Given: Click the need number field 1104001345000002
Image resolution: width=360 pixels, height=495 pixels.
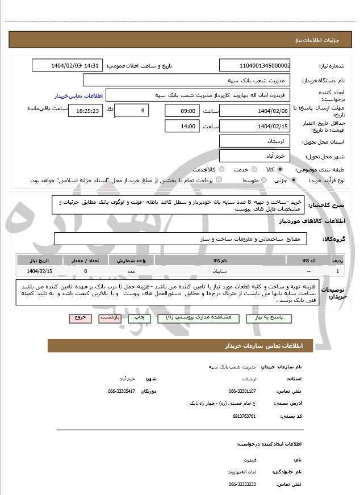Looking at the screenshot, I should [254, 65].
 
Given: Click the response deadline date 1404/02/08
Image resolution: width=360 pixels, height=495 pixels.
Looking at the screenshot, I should [254, 110].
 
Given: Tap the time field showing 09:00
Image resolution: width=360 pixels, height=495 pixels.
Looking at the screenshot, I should [182, 111].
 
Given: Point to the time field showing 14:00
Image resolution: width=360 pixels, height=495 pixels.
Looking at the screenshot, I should [182, 126].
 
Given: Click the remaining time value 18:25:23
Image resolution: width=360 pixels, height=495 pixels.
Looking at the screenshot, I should [85, 111].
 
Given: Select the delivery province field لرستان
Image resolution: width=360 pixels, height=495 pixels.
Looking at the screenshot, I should [254, 140].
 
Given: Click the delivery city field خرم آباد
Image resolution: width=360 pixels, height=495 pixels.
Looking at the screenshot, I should [254, 156].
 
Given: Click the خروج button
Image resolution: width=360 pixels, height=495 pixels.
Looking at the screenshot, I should [79, 318].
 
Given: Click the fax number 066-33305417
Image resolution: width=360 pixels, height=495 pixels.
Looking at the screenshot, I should [122, 391].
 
